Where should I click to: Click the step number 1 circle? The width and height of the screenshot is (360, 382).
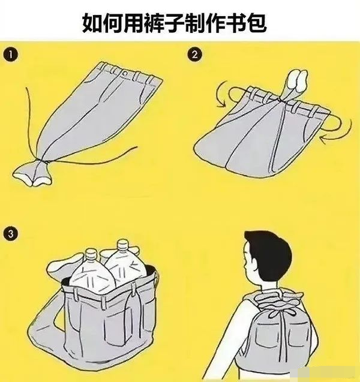[x=10, y=55]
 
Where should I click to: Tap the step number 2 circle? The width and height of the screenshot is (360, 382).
[x=194, y=55]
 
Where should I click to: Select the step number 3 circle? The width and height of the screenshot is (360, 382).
[x=10, y=234]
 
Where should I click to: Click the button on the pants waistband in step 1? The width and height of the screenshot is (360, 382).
[x=125, y=73]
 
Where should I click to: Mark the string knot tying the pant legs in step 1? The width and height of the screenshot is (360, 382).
[x=41, y=161]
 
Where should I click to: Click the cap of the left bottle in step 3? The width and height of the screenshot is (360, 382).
[x=91, y=254]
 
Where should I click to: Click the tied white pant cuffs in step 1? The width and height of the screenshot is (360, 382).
[x=32, y=174]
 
